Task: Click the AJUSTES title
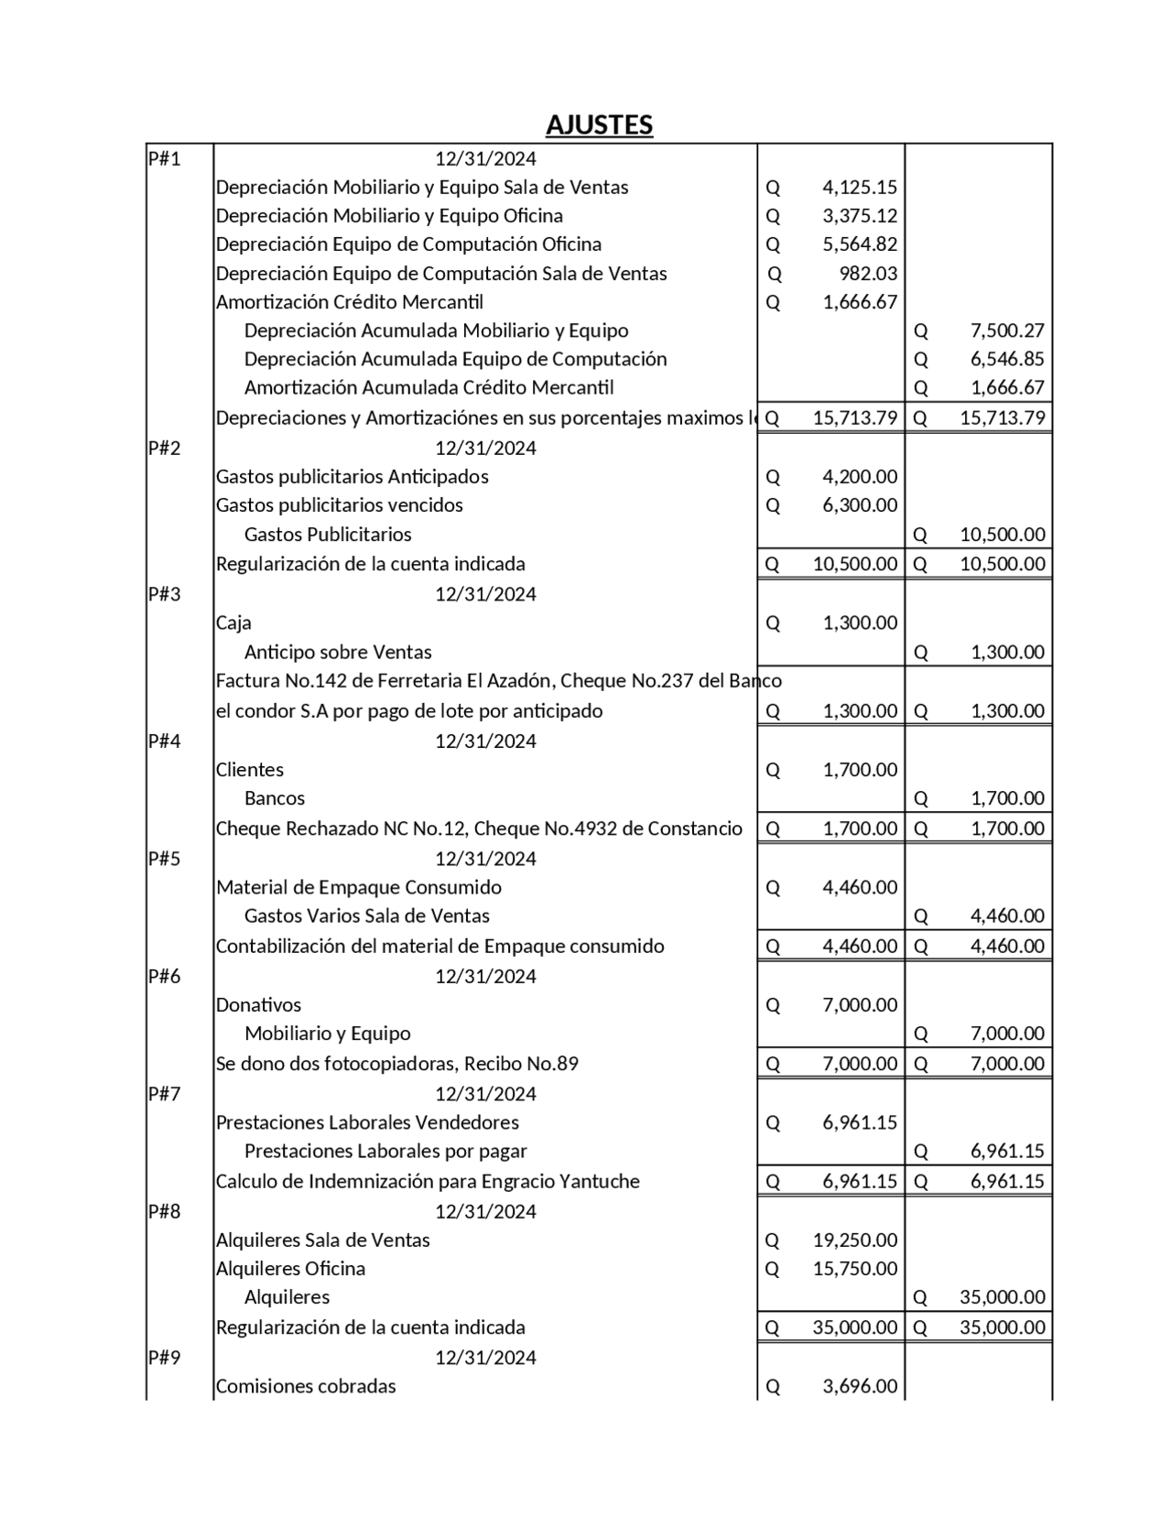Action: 599,125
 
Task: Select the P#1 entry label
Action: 165,159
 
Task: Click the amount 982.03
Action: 868,274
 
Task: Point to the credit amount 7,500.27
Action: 1006,330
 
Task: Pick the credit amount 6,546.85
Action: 1006,359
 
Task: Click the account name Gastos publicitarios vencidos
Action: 339,505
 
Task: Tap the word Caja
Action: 233,623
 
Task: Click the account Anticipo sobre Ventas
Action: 337,653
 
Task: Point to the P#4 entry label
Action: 165,741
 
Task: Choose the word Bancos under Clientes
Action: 274,798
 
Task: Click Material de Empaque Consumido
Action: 358,887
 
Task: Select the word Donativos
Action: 258,1005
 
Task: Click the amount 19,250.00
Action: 854,1240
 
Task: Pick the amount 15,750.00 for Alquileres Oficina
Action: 854,1269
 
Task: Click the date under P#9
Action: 485,1358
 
